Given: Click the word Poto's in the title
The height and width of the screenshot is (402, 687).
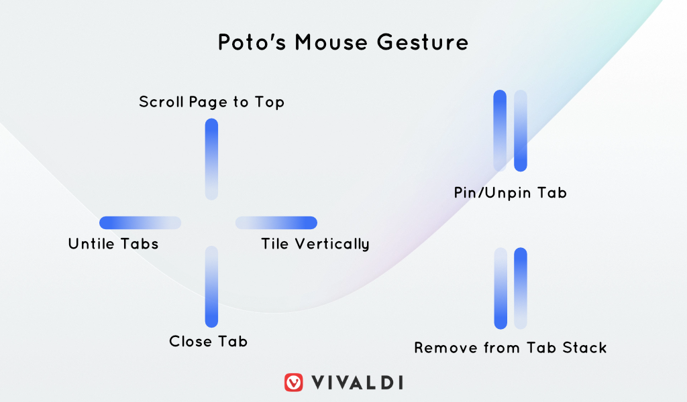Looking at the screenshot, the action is tap(252, 42).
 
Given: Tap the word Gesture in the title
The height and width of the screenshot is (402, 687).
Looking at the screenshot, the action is tap(423, 42).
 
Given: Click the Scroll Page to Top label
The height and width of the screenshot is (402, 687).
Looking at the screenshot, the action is tap(211, 102).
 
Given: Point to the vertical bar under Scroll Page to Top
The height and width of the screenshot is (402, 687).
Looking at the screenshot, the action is tap(211, 159).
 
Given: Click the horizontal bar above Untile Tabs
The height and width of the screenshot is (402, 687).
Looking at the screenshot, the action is tap(140, 222).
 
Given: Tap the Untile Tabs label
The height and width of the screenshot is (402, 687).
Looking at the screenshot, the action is tap(113, 244).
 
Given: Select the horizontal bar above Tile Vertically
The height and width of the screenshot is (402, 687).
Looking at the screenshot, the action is tap(276, 222).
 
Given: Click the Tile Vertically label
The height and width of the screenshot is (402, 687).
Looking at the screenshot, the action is tap(315, 244).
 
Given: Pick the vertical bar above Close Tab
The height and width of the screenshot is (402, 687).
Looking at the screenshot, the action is tap(211, 287).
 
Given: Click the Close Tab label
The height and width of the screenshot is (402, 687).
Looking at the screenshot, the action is tap(208, 341).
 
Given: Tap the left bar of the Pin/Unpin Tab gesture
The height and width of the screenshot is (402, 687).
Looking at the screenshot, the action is tap(500, 131).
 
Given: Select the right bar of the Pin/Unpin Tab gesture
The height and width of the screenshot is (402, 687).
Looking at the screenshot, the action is tap(521, 131).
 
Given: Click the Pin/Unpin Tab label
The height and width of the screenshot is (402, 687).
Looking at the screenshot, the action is tap(511, 193).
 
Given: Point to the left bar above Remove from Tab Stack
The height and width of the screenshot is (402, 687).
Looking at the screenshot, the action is tap(500, 288).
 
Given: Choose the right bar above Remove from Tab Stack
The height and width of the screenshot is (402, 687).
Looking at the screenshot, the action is tap(521, 288).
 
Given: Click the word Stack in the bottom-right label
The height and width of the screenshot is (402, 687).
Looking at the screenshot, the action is tap(584, 348).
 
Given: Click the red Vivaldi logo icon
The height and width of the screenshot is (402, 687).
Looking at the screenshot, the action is tap(294, 383).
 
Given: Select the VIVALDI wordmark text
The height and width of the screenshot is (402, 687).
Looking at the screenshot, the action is tap(357, 383).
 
